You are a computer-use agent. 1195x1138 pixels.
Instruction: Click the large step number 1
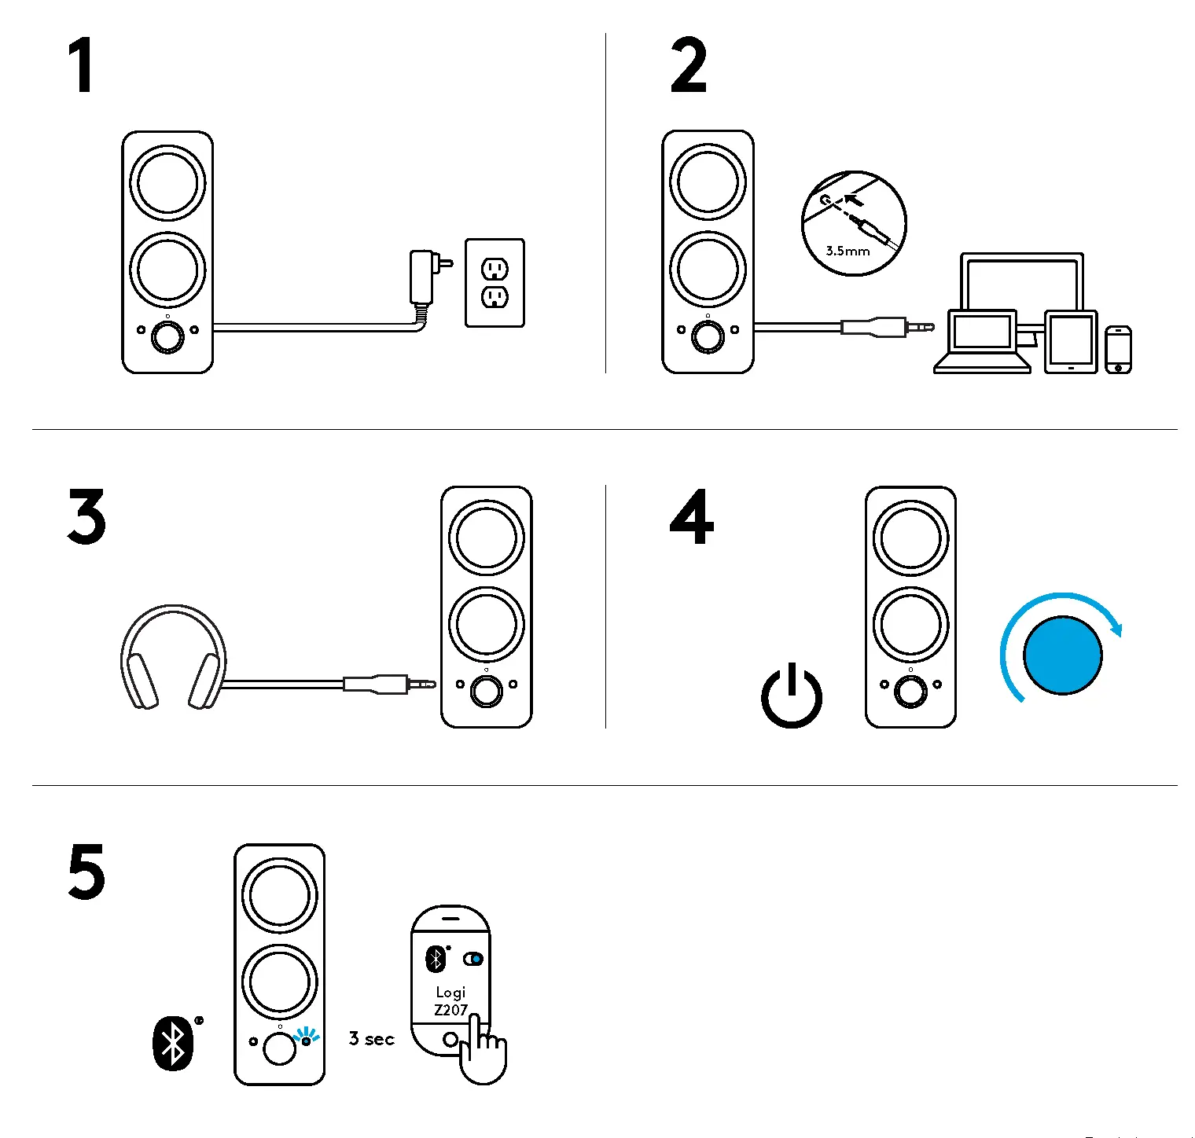(82, 66)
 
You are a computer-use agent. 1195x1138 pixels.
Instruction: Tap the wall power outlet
(495, 283)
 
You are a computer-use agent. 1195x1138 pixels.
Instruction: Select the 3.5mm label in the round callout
(848, 251)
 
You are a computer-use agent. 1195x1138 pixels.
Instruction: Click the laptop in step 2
(981, 342)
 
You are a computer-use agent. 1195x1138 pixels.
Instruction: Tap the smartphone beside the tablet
(1118, 350)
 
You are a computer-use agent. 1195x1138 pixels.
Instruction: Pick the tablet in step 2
(1070, 342)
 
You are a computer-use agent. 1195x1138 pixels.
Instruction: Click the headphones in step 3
(172, 658)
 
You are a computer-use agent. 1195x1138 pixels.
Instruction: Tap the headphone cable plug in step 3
(388, 684)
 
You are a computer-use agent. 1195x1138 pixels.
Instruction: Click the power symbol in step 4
(791, 696)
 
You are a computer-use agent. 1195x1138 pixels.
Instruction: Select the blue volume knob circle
(1063, 655)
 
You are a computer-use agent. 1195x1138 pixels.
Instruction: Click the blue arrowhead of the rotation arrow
(1116, 628)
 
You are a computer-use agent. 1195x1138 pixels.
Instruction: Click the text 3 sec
(371, 1039)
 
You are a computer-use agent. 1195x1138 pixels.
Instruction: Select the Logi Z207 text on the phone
(450, 1001)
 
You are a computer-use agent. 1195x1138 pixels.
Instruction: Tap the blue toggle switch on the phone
(473, 959)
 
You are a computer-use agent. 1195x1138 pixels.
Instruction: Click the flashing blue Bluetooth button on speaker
(306, 1040)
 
